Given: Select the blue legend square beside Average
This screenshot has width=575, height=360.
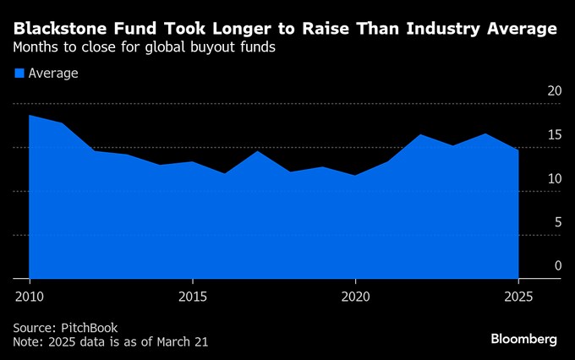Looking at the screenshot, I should click(19, 74).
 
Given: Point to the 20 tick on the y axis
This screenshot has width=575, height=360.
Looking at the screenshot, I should click(554, 91).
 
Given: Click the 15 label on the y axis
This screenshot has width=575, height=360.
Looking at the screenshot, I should click(554, 135).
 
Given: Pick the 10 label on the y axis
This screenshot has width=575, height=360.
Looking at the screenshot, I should click(554, 179).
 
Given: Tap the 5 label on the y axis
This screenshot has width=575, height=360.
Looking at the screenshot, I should click(557, 223).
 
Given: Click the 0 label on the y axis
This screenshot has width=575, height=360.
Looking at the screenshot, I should click(557, 266).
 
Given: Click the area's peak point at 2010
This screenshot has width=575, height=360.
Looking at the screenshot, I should click(30, 115).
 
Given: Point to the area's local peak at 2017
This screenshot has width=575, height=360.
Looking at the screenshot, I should click(258, 151).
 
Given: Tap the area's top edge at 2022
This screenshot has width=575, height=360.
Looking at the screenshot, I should click(420, 134).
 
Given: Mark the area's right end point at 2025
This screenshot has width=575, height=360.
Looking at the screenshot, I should click(518, 150).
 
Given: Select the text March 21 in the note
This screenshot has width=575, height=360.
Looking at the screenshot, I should click(181, 341).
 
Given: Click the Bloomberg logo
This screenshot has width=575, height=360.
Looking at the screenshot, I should click(523, 339).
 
